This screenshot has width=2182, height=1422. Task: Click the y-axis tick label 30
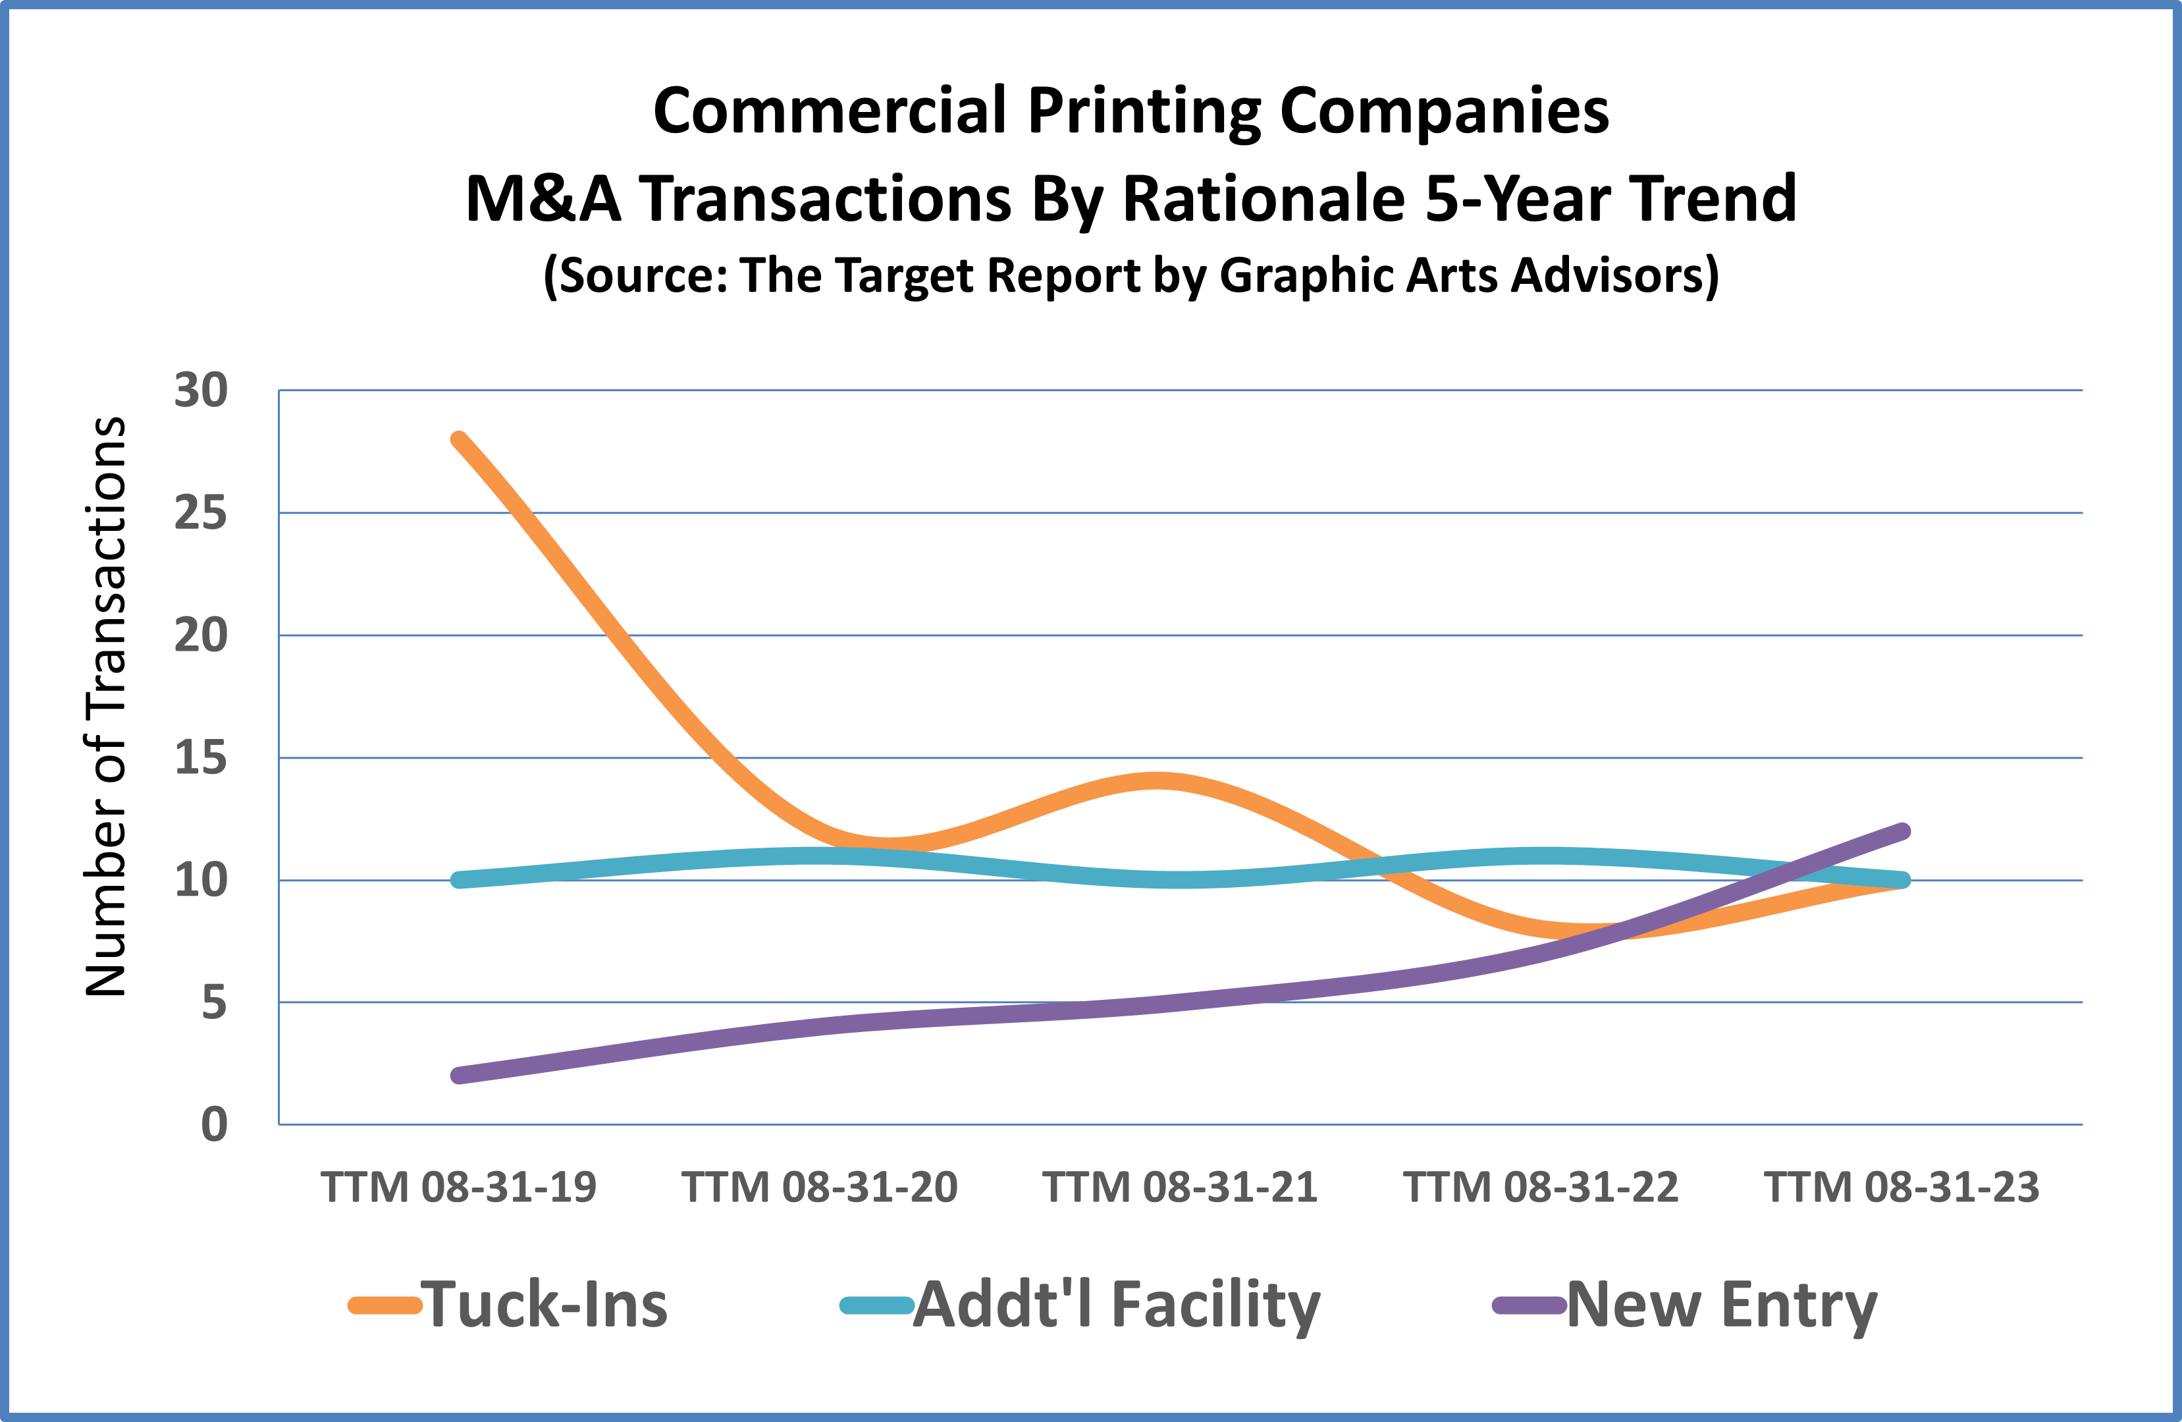pos(201,391)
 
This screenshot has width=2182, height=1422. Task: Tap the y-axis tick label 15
pos(201,758)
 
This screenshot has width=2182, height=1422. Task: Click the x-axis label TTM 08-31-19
pos(458,1188)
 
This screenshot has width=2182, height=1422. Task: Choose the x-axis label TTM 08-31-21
pos(1180,1188)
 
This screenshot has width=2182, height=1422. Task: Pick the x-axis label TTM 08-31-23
pos(1902,1188)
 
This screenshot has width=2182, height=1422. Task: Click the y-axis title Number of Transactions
pos(105,706)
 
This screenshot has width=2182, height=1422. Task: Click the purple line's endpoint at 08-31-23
pos(1902,832)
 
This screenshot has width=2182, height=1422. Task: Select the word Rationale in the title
pos(1264,199)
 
